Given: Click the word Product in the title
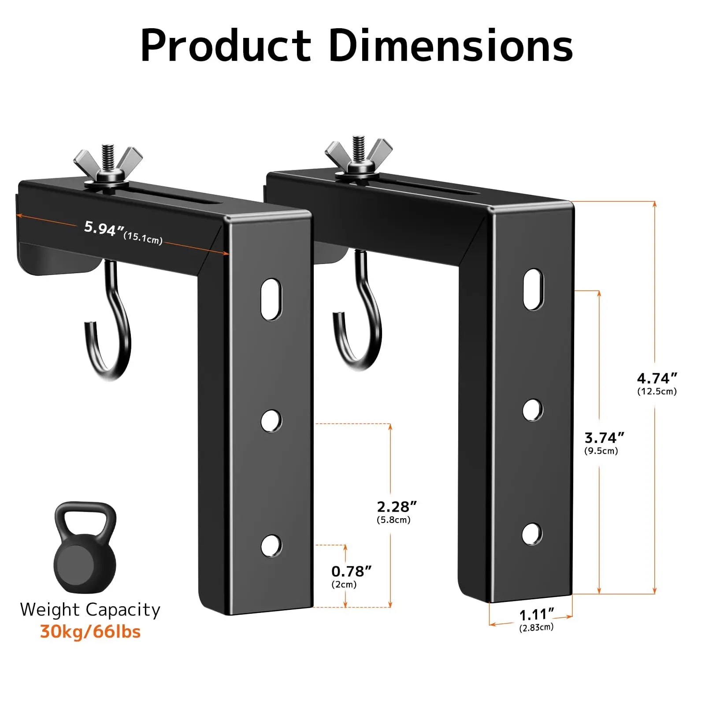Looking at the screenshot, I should [x=226, y=46].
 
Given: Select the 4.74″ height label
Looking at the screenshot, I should [x=657, y=378].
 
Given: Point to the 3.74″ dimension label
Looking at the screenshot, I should [x=604, y=438].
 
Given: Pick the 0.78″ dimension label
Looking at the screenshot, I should [x=351, y=571].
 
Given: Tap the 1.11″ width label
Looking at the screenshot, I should [x=536, y=614].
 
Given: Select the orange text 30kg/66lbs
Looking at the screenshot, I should [x=90, y=631].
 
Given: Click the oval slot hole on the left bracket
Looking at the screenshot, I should [x=271, y=299].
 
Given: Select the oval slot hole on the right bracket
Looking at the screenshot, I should [x=533, y=289].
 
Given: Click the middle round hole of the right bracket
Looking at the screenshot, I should [x=532, y=410].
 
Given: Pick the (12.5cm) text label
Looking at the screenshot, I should [x=657, y=391].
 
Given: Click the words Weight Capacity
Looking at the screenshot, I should [x=90, y=609].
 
